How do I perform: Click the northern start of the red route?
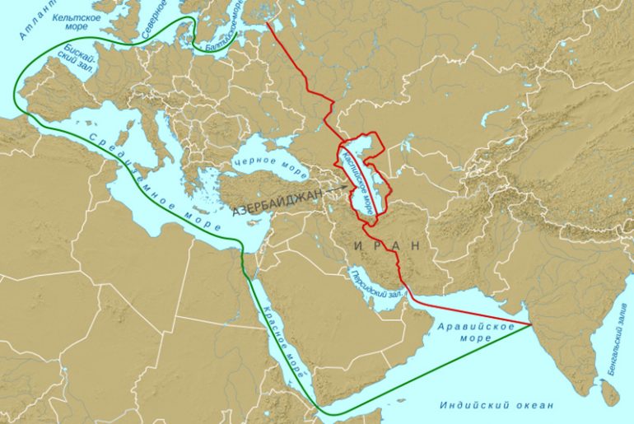[268, 23]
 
